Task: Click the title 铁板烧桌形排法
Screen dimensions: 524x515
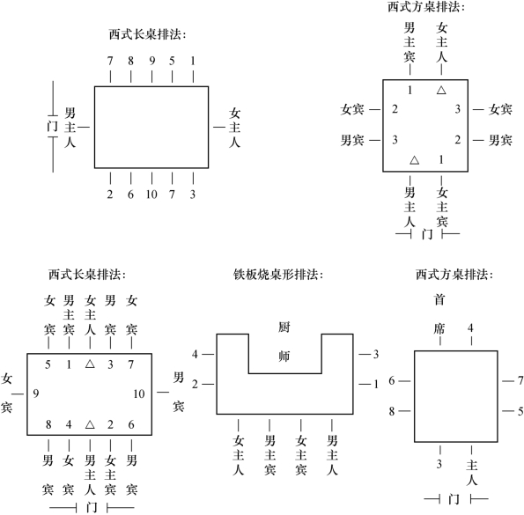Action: pos(278,275)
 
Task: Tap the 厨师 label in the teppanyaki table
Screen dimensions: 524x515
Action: pos(284,342)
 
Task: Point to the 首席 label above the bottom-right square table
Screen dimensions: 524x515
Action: pos(439,314)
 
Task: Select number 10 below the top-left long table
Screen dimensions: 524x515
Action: pos(151,195)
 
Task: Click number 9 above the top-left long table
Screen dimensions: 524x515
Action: pos(152,61)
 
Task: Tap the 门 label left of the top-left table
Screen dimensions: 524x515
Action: pos(52,126)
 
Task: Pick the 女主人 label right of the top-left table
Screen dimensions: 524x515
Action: pos(234,128)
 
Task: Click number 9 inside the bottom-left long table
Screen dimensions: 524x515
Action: pos(36,394)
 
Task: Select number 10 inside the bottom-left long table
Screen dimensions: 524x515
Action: pos(138,394)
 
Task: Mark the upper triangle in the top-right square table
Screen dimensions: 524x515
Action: pos(441,90)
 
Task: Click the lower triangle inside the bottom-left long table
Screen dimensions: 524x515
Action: pos(90,424)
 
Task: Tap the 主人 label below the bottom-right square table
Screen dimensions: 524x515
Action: pos(471,472)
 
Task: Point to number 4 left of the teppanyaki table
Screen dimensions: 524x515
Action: pos(196,354)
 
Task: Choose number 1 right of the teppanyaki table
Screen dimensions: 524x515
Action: pos(376,384)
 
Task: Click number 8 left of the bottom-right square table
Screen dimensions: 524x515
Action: pos(392,411)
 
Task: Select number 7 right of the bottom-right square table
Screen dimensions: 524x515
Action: pos(520,380)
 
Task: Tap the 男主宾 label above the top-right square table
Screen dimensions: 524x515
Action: pos(410,42)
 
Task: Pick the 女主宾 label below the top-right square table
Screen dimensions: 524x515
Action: pos(442,207)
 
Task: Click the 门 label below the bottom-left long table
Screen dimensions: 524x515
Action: pos(92,507)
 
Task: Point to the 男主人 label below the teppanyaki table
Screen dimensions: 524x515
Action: pos(332,455)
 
